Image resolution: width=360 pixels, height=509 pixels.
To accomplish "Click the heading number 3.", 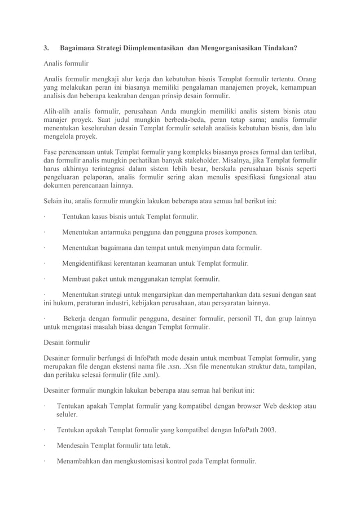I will pos(46,49).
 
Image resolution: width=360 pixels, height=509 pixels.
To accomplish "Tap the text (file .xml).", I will pos(142,374).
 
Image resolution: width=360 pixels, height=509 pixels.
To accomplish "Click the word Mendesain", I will pos(75,445).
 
